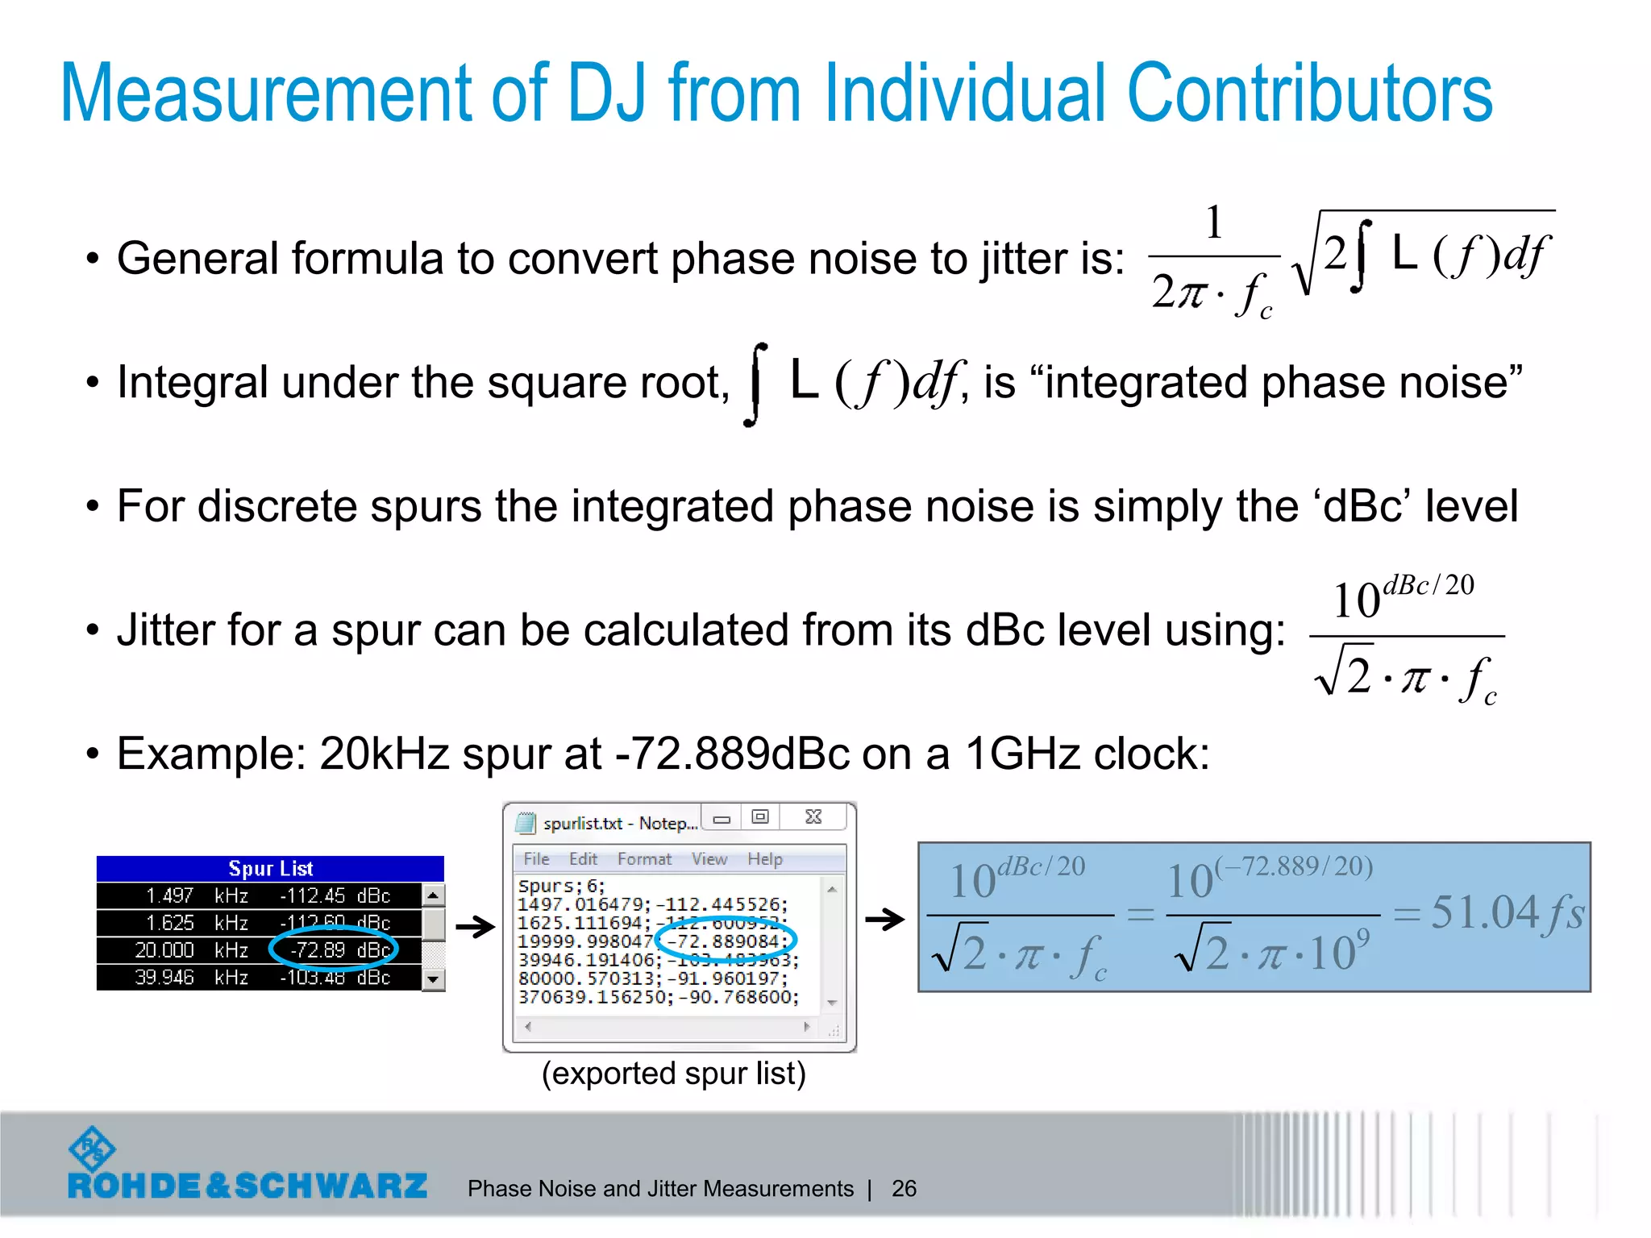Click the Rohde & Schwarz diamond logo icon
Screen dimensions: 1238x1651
[92, 1149]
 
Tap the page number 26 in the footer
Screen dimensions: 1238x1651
[904, 1188]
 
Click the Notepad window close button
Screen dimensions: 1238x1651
[813, 817]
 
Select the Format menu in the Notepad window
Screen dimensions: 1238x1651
[644, 859]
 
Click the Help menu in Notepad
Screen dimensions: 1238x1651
[764, 859]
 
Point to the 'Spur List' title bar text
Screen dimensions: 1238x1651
[270, 868]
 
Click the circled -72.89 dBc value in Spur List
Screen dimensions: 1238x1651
[334, 950]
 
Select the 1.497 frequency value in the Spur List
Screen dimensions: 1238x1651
[170, 895]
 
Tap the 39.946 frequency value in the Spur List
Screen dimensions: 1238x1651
[165, 978]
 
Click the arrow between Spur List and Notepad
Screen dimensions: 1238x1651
[475, 927]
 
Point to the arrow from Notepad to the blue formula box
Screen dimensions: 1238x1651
[884, 919]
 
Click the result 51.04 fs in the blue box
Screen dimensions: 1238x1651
[1506, 914]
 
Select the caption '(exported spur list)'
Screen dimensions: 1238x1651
[673, 1074]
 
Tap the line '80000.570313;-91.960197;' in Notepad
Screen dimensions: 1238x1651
[652, 978]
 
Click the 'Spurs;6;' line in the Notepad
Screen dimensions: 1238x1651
[561, 886]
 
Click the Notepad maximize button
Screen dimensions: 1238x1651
[759, 817]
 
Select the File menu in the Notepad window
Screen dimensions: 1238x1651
[536, 859]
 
